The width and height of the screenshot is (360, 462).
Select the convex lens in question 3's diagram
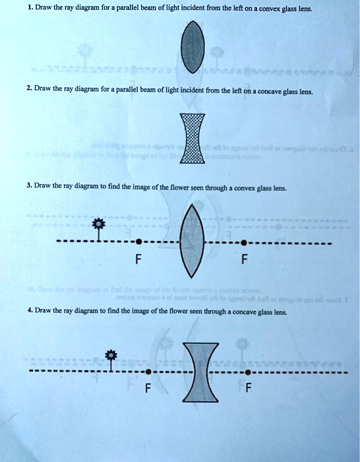click(192, 241)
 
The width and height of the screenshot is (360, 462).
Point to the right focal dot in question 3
click(245, 242)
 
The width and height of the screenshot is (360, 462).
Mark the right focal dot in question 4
click(249, 372)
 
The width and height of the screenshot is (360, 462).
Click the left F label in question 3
click(137, 259)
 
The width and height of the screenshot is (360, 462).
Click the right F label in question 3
click(245, 259)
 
